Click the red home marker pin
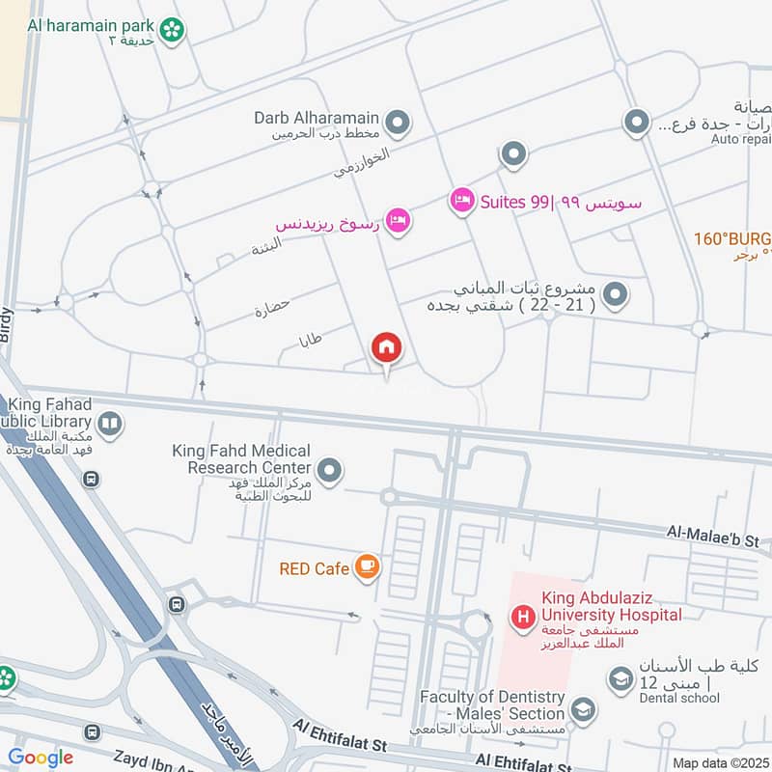point(387,347)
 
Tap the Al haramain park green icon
point(173,30)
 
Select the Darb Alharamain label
point(317,118)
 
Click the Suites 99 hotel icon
point(462,201)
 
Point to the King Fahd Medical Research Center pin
point(331,471)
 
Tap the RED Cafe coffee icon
point(366,567)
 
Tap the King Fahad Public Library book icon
point(111,424)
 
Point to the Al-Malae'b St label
point(713,532)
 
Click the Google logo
point(41,758)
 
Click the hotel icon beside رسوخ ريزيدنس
point(398,221)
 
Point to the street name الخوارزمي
point(362,163)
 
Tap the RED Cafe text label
point(314,568)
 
